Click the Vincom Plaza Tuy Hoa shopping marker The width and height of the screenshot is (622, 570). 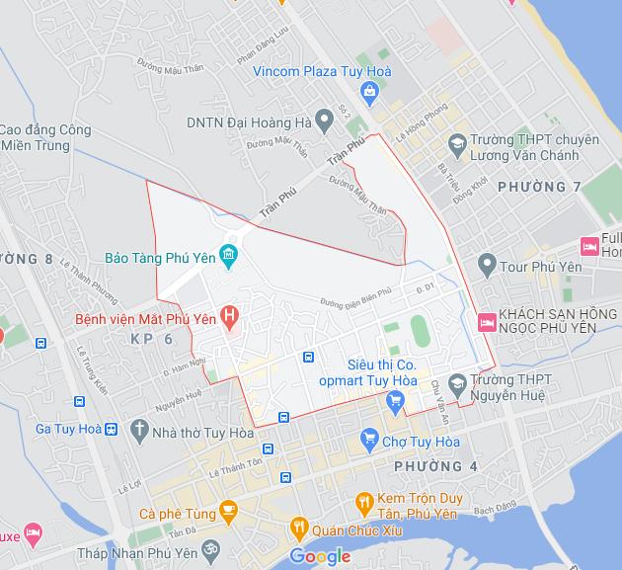[x=369, y=94]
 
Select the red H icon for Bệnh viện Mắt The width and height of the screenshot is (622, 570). [x=230, y=318]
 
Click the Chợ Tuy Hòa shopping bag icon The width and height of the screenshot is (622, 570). [x=369, y=437]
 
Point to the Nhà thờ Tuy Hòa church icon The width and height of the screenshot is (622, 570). [x=139, y=429]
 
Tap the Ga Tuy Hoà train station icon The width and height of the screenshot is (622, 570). [x=112, y=429]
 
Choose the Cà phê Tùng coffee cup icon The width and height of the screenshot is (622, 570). [x=229, y=512]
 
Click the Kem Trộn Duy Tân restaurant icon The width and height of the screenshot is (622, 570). [x=363, y=501]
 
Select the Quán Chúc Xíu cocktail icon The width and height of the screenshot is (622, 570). [x=297, y=529]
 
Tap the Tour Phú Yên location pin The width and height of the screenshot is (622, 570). [x=486, y=264]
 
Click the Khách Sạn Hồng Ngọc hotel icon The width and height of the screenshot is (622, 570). [x=486, y=321]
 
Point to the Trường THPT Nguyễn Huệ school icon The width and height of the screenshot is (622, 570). [x=456, y=382]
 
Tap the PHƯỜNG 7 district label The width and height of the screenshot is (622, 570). [x=539, y=187]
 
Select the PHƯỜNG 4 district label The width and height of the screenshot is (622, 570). [x=435, y=465]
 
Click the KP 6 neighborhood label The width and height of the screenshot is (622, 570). [x=151, y=339]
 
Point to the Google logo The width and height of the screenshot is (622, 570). [x=320, y=557]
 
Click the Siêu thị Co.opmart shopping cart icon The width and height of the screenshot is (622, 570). [x=395, y=399]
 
